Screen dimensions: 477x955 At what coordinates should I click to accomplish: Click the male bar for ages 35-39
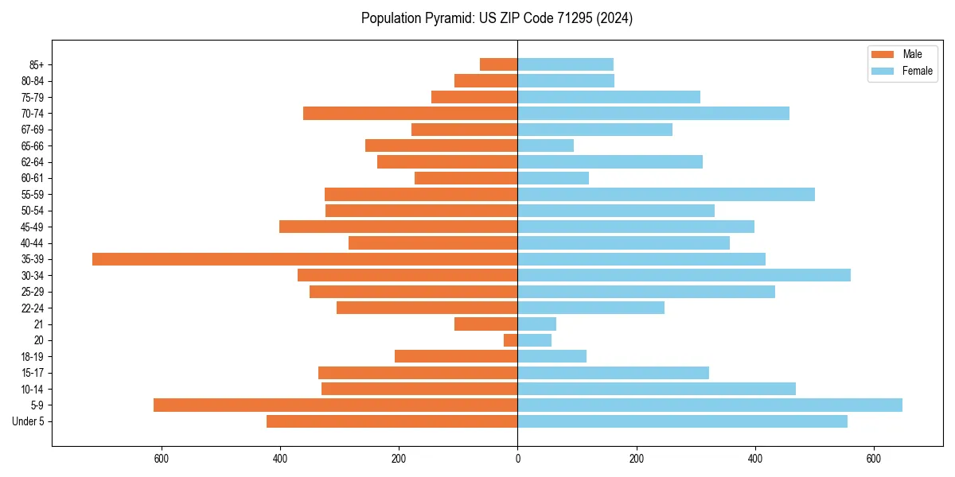[305, 259]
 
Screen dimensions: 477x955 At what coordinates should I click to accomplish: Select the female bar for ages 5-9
[710, 405]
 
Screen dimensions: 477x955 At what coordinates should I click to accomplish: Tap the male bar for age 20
[510, 340]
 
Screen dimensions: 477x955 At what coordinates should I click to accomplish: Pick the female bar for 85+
[565, 64]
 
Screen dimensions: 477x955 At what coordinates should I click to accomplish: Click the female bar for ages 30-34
[684, 275]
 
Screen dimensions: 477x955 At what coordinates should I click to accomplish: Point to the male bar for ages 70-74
[410, 114]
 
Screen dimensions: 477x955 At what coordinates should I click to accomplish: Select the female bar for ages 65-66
[545, 145]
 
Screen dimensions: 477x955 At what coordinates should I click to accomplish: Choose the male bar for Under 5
[392, 421]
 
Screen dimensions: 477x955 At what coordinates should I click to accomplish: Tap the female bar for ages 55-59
[666, 194]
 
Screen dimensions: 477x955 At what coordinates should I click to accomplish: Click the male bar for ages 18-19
[456, 356]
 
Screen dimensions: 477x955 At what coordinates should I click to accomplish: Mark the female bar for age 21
[536, 324]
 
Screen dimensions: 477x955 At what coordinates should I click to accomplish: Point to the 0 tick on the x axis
[517, 459]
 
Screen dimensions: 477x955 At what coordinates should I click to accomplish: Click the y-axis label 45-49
[33, 227]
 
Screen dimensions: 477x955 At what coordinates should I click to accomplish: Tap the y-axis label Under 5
[28, 421]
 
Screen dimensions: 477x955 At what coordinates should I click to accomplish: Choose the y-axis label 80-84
[33, 81]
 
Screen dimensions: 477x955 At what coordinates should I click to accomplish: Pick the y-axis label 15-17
[33, 373]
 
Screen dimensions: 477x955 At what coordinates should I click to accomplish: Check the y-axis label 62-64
[33, 162]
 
